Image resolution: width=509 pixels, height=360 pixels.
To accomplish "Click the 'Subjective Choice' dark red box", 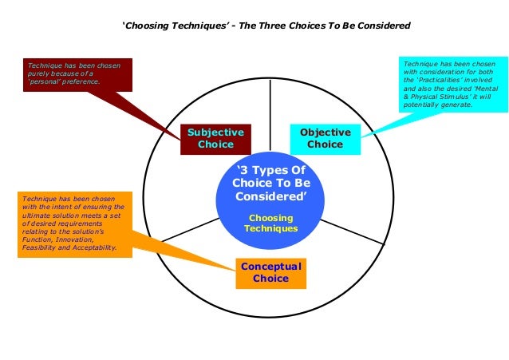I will click(x=215, y=138).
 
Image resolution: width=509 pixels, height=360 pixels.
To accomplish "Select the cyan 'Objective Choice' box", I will click(x=325, y=138).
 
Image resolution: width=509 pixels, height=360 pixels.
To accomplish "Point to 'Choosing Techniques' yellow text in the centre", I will click(x=270, y=223).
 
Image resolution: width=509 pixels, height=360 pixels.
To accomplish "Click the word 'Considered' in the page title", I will click(x=382, y=26).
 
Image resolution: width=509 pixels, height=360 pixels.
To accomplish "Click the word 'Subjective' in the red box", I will click(x=215, y=132).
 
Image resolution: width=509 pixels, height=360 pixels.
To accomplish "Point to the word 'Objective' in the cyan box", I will click(x=325, y=132).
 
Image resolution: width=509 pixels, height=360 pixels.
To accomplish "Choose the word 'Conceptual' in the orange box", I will click(x=270, y=267).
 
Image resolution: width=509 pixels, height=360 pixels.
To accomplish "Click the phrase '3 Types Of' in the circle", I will click(x=270, y=171).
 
